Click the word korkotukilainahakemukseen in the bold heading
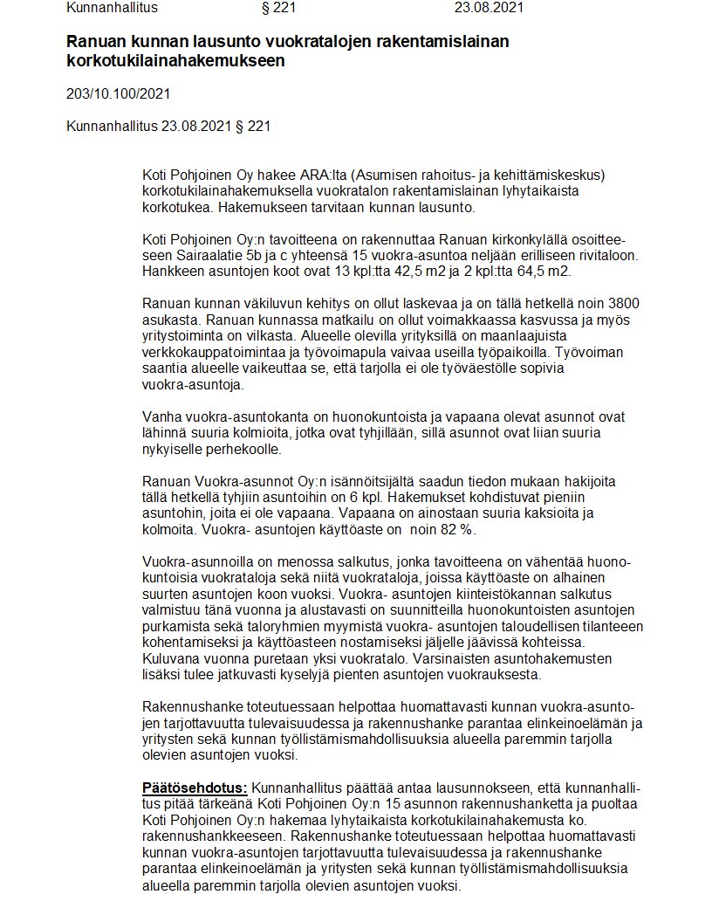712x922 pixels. [x=175, y=62]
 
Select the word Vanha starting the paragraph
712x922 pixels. [x=159, y=416]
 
